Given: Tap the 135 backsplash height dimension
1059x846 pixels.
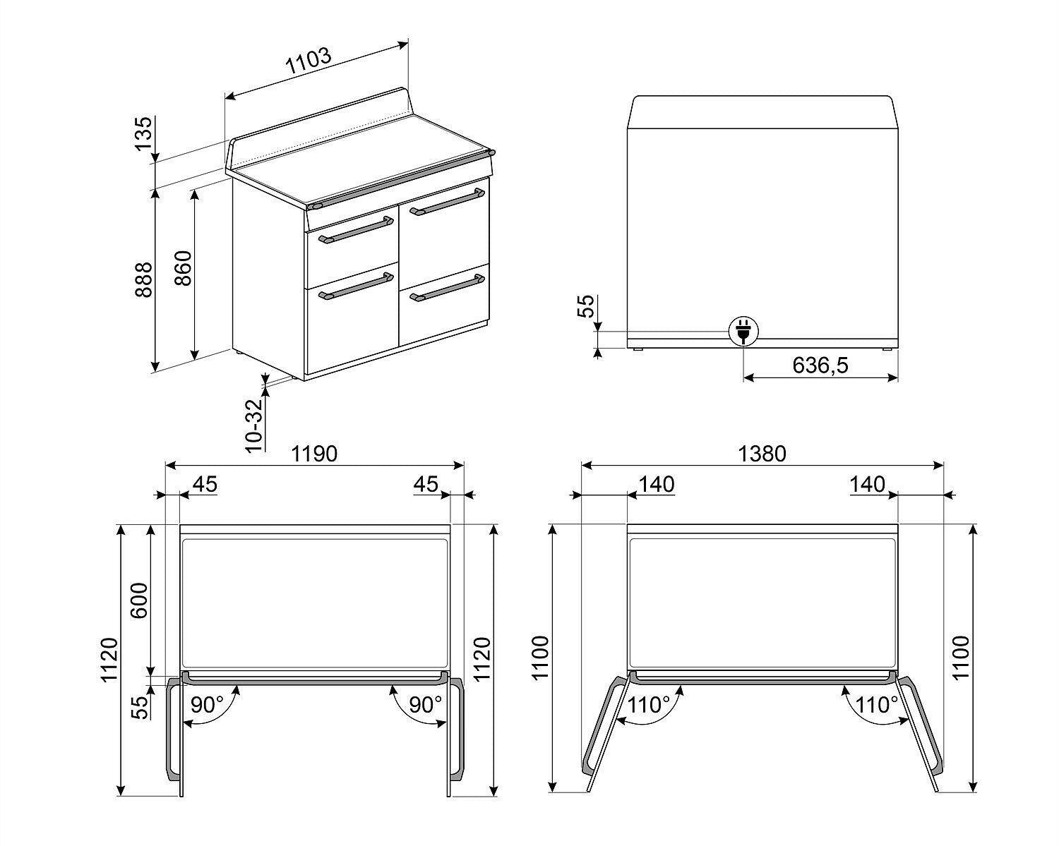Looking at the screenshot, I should pos(143,133).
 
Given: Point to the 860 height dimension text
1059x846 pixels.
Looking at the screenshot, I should pos(183,268).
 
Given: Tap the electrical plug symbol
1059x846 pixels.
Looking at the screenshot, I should pos(743,330).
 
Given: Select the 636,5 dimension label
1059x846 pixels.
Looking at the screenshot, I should pos(820,365).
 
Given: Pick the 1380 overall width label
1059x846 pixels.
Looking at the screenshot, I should pos(762,454).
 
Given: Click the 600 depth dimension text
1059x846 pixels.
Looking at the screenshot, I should pos(140,600).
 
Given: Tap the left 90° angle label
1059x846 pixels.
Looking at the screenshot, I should pos(207,704).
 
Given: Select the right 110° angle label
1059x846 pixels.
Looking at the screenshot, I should pos(877,704).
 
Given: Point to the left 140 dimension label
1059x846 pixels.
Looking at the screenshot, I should pos(656,485).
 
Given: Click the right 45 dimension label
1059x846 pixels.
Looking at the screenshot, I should pos(425,485).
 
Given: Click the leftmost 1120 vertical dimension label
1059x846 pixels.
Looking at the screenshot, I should pos(108,660).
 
